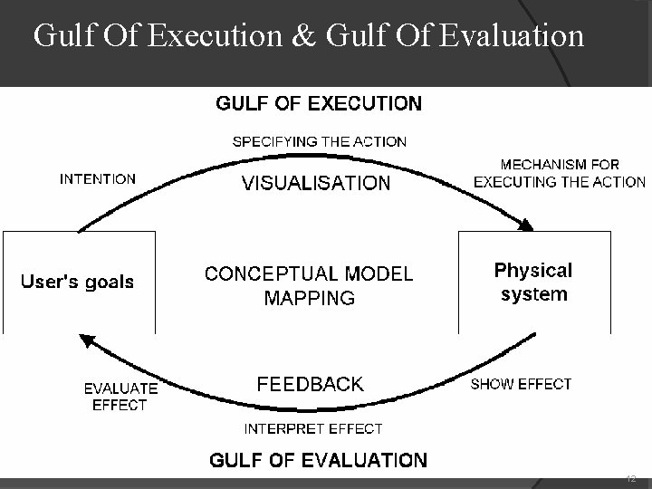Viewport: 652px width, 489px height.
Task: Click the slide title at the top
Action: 308,36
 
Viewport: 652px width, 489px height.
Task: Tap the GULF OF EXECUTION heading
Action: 318,103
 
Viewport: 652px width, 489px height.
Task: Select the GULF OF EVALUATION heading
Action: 318,460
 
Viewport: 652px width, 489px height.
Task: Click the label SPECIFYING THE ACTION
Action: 320,141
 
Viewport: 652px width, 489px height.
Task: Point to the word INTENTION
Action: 98,178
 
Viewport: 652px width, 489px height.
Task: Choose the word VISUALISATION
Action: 316,184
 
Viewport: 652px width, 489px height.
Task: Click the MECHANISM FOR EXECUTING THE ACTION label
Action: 559,173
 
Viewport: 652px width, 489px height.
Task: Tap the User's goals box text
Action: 77,281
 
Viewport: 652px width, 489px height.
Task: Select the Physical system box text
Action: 533,282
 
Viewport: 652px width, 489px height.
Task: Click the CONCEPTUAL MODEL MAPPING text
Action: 309,284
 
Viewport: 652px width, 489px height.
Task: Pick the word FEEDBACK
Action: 310,383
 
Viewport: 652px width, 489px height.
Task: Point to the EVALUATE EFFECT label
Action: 120,397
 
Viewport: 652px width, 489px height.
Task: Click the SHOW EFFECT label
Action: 521,384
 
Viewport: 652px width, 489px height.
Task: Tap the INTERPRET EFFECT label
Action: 313,428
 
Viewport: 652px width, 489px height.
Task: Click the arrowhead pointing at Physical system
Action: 526,224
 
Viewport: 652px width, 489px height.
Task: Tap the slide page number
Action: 631,479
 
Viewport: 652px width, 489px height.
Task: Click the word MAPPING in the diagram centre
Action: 309,297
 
